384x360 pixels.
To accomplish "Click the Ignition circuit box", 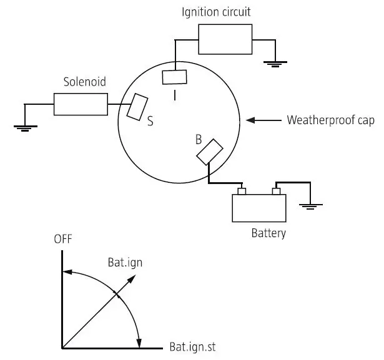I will pos(225,39).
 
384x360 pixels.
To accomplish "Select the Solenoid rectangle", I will pos(81,104).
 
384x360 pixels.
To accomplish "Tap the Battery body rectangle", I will pos(259,208).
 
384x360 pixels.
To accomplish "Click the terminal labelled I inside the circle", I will pos(175,77).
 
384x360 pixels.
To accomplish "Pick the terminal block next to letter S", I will pos(137,107).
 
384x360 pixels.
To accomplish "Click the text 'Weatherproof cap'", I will pos(330,120).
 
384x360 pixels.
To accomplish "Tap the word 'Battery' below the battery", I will pos(268,234).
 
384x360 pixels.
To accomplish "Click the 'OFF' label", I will pos(63,239).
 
